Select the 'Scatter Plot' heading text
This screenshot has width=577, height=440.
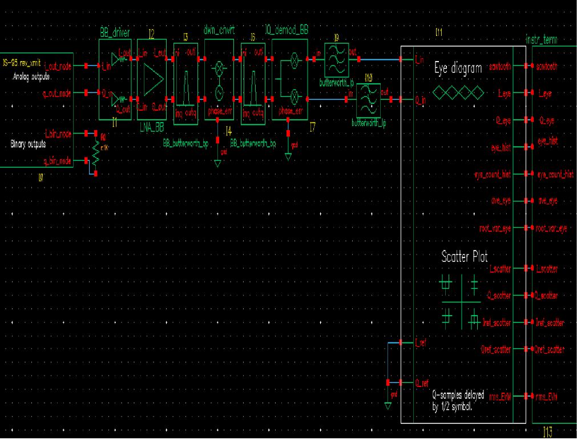click(464, 257)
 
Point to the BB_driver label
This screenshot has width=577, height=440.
click(114, 33)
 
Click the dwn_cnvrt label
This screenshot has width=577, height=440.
click(219, 29)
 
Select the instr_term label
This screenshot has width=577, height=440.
click(541, 39)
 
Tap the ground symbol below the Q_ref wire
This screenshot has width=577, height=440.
click(388, 406)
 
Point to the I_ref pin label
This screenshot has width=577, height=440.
click(420, 342)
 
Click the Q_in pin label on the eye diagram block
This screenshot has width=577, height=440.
click(420, 100)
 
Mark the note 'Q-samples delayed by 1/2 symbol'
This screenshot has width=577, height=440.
click(458, 401)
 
